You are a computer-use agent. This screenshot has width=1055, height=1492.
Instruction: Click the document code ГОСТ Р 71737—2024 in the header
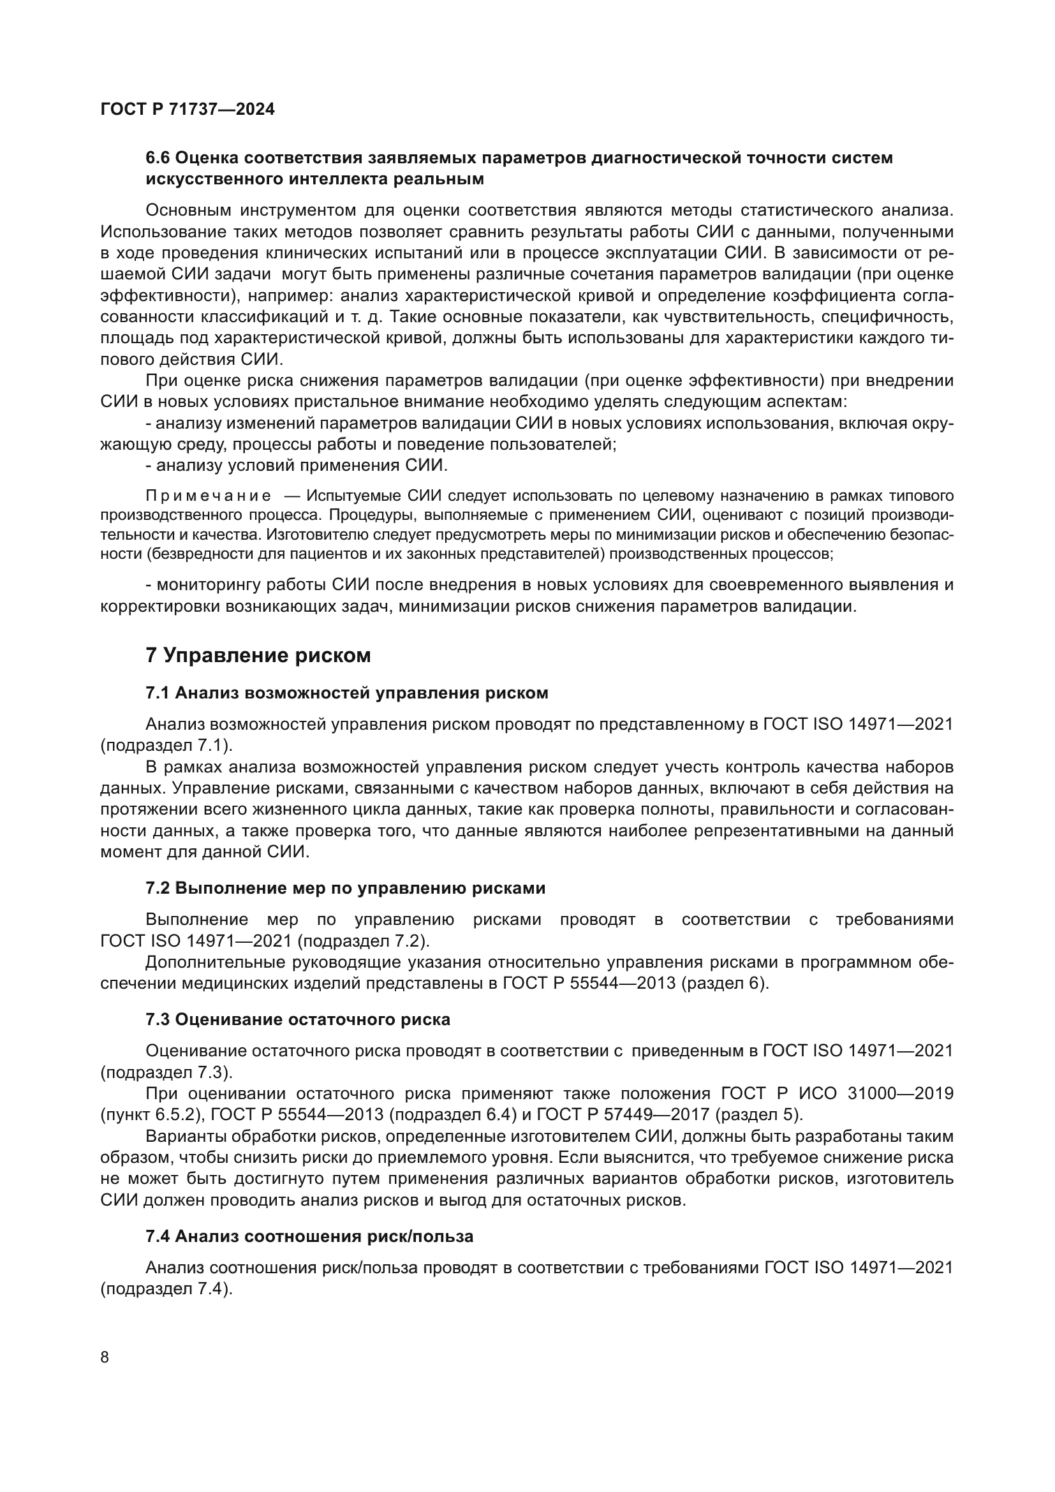coord(188,109)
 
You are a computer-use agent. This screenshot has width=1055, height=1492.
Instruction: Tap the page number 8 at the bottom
coord(105,1357)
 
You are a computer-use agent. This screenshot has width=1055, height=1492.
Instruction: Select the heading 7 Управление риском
coord(258,656)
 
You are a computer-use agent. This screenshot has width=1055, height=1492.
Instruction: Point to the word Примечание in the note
coord(209,496)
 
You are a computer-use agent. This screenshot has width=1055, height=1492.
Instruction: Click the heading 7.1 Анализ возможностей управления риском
coord(347,693)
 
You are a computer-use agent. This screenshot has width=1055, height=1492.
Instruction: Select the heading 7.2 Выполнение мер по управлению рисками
coord(346,889)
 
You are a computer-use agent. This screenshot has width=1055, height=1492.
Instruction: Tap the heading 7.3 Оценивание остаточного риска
coord(297,1019)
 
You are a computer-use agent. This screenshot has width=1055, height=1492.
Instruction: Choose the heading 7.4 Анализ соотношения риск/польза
coord(309,1237)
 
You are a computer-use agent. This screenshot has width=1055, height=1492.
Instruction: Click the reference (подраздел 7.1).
coord(166,745)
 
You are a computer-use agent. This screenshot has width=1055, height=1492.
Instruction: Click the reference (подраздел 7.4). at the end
coord(166,1289)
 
